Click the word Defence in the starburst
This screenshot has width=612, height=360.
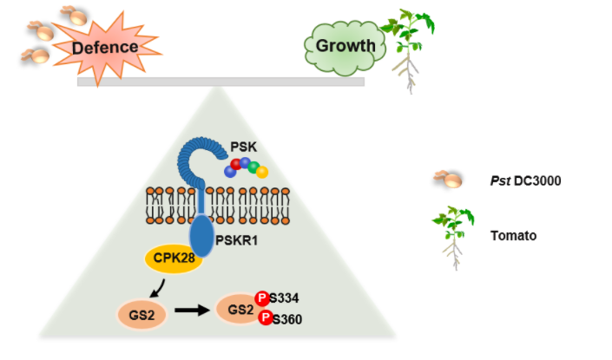tap(106, 47)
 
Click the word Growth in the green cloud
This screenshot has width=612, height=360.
tap(345, 46)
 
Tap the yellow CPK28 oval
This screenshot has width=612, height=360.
tap(174, 259)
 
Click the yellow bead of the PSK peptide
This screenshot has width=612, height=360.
tap(261, 172)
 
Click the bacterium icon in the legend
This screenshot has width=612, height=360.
tap(448, 180)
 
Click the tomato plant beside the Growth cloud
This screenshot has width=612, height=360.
tap(406, 48)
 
